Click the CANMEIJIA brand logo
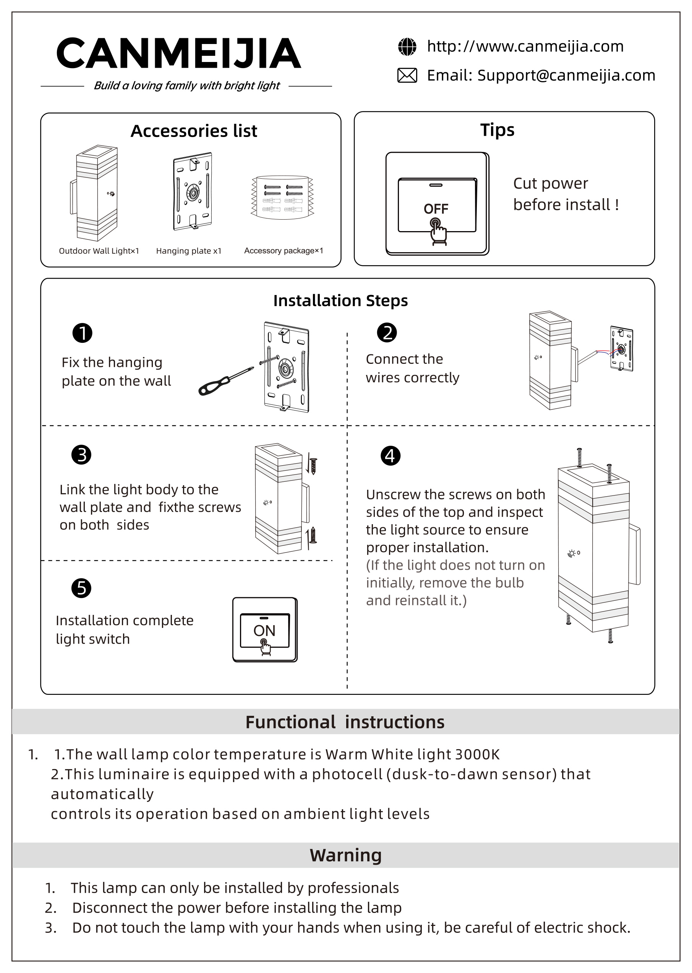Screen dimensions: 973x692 point(178,53)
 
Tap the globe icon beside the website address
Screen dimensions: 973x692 point(407,47)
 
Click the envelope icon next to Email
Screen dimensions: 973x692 point(407,75)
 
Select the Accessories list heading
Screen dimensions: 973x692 point(194,131)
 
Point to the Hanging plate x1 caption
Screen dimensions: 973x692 point(189,251)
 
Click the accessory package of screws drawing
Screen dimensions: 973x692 point(282,197)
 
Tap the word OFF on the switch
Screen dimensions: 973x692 point(436,209)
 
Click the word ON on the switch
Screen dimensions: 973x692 point(264,631)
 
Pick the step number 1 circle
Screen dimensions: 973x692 point(82,333)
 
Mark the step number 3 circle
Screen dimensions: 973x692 point(81,455)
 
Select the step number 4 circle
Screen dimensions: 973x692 point(390,456)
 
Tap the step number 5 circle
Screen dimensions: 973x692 point(81,588)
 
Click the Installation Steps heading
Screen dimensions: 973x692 point(340,301)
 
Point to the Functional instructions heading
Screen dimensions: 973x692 point(345,722)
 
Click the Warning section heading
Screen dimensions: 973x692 point(345,855)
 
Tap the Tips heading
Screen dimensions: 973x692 point(497,130)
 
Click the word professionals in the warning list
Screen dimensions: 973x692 point(353,888)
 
